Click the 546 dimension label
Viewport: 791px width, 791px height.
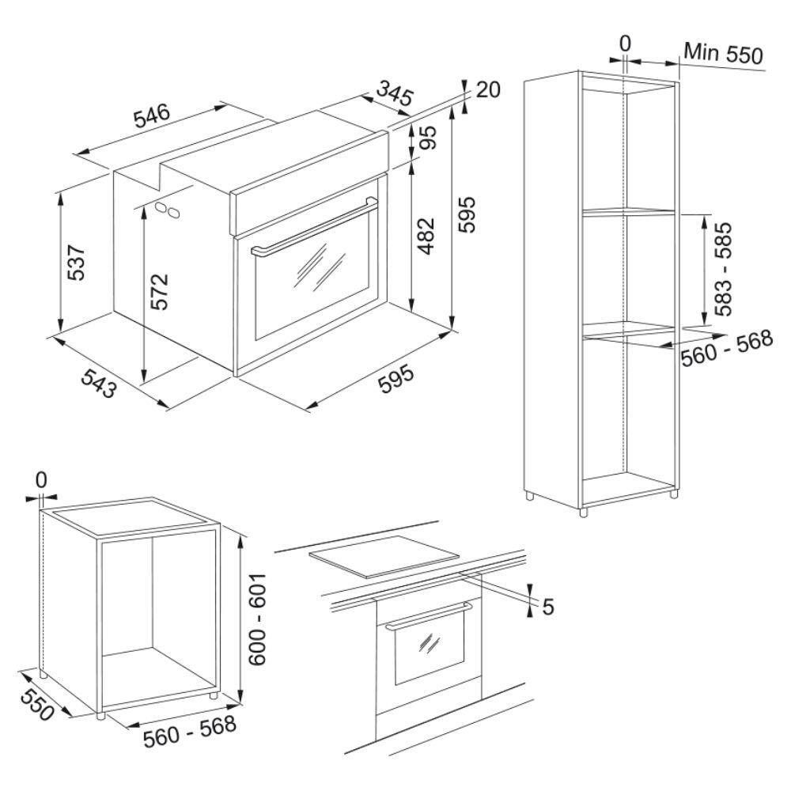pos(152,116)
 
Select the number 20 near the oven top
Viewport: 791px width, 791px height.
pos(488,90)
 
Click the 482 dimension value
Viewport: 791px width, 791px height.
pos(426,236)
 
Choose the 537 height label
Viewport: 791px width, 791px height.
pos(77,263)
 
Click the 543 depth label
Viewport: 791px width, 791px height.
pos(100,383)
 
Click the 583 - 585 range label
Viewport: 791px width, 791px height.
pos(722,270)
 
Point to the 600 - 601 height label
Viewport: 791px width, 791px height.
pos(258,619)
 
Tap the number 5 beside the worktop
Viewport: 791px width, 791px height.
pos(548,607)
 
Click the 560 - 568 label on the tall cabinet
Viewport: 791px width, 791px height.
pos(727,347)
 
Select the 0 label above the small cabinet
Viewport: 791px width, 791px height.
pos(41,480)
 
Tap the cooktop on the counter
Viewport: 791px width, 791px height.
pos(384,556)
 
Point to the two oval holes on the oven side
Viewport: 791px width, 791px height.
pos(168,210)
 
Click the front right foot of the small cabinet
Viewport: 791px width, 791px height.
pos(214,694)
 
